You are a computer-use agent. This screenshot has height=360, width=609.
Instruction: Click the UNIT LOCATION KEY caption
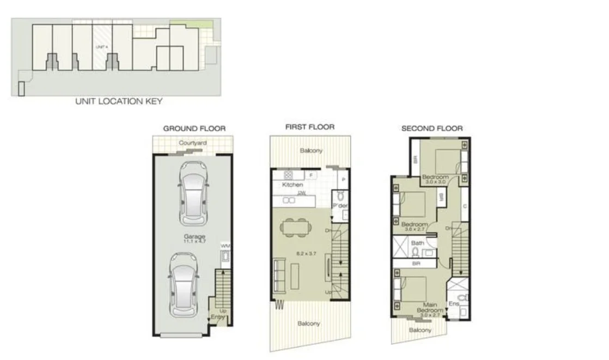[118, 101]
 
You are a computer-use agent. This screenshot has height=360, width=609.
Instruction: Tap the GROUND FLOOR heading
[194, 129]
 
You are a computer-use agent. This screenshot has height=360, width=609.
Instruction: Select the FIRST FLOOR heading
[309, 127]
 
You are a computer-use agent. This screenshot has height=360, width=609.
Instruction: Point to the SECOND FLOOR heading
[432, 129]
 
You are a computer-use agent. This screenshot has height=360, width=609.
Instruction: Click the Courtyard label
[192, 143]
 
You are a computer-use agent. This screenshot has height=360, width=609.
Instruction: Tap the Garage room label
[194, 237]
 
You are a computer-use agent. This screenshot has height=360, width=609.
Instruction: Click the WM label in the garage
[225, 247]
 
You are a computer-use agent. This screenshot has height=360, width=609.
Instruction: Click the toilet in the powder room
[340, 196]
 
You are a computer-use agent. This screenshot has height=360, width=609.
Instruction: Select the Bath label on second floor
[417, 243]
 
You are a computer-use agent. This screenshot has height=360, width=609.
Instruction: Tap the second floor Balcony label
[420, 330]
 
